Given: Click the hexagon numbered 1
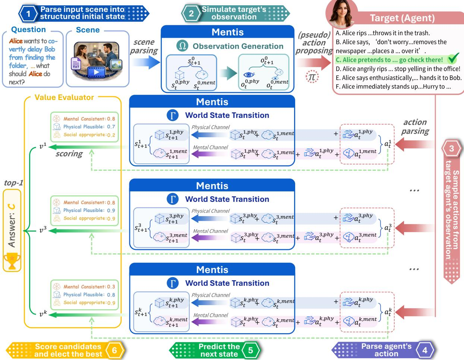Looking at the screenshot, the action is click(x=28, y=14).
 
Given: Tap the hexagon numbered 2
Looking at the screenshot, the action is click(x=191, y=13).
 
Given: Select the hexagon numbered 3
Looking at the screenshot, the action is click(x=451, y=148).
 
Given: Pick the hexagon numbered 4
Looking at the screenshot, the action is click(x=425, y=350).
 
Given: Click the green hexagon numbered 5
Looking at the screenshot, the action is click(x=250, y=350).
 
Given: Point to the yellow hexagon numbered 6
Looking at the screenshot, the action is click(x=115, y=350).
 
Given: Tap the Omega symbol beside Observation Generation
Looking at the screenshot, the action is click(x=182, y=46).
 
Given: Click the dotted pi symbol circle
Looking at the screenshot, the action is click(x=312, y=77).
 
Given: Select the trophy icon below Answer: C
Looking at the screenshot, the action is click(x=12, y=261).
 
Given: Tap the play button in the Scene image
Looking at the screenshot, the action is click(x=96, y=72).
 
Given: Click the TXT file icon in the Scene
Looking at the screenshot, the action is click(x=76, y=63).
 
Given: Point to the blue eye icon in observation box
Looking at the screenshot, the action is click(x=249, y=75).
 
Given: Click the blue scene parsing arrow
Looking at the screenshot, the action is click(x=146, y=62).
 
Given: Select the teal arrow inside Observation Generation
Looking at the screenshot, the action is click(x=228, y=73).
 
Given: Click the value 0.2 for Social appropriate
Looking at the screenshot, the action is click(x=111, y=135).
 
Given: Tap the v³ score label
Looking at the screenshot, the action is click(x=43, y=230).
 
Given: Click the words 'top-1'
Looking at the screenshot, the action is click(x=13, y=183).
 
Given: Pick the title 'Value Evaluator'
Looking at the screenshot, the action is click(x=64, y=97).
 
